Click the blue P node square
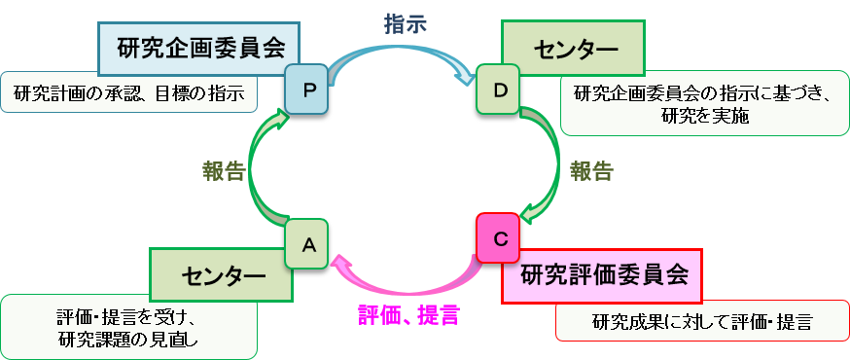click(x=308, y=90)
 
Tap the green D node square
click(x=500, y=90)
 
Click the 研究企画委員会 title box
click(x=198, y=49)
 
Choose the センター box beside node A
click(x=222, y=274)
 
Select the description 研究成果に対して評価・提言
click(x=701, y=320)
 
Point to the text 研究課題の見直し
click(x=128, y=338)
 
